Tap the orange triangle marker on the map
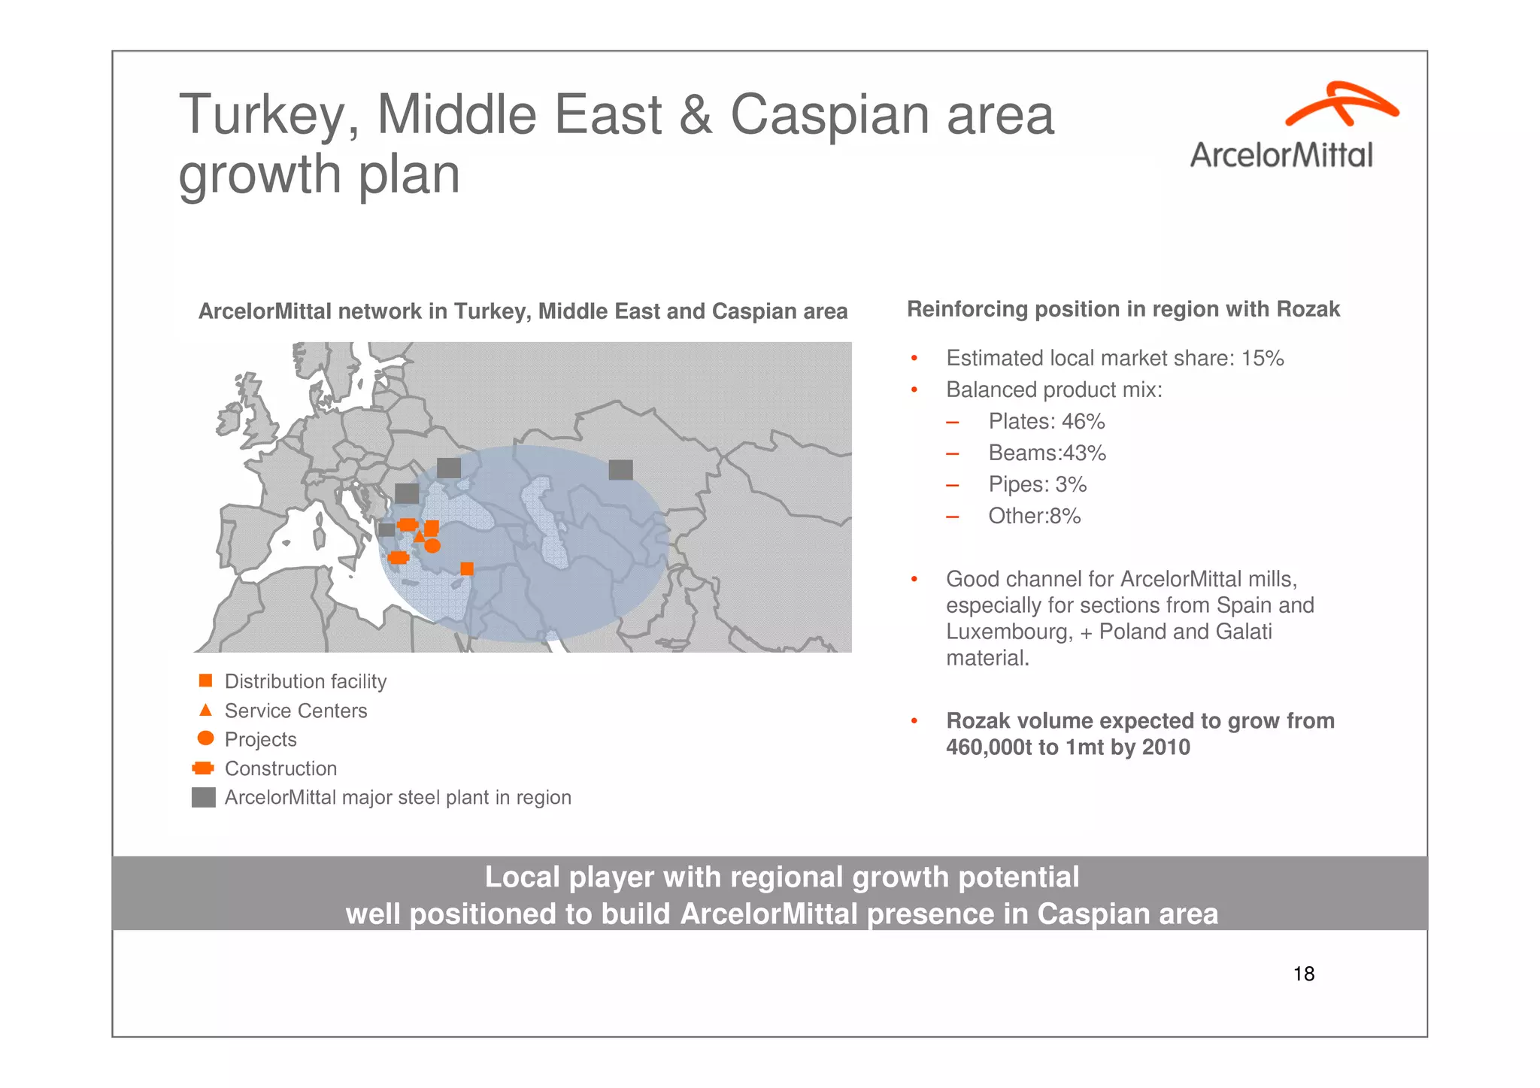point(419,536)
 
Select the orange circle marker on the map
point(432,546)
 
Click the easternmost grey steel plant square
point(620,470)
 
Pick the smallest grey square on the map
point(387,529)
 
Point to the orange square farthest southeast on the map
point(467,568)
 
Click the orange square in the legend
point(205,680)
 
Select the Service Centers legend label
point(296,711)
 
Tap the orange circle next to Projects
point(205,738)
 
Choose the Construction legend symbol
point(203,768)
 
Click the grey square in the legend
point(204,797)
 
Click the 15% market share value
point(1263,359)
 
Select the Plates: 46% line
point(1046,422)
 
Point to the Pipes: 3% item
point(1037,485)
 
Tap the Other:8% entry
point(1034,517)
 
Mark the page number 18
point(1303,974)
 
